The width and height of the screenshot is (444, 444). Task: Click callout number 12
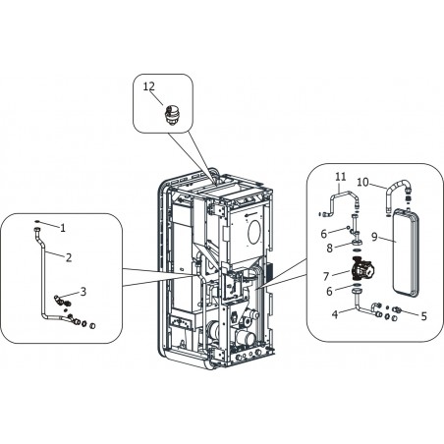pyautogui.click(x=149, y=86)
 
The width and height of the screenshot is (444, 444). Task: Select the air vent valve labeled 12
pyautogui.click(x=171, y=114)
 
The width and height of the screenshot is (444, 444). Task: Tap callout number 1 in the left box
pyautogui.click(x=63, y=228)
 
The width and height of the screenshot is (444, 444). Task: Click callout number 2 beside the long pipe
pyautogui.click(x=69, y=257)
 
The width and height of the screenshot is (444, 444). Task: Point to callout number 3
pyautogui.click(x=83, y=292)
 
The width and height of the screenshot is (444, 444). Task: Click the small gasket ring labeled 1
pyautogui.click(x=36, y=222)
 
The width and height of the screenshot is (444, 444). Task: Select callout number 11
pyautogui.click(x=341, y=177)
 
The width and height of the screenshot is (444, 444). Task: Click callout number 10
pyautogui.click(x=362, y=182)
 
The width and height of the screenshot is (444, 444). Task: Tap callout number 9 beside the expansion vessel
pyautogui.click(x=375, y=237)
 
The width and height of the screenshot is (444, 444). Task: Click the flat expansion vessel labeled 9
pyautogui.click(x=406, y=254)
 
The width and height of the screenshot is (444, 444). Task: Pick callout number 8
pyautogui.click(x=329, y=249)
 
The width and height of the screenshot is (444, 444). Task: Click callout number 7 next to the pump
pyautogui.click(x=326, y=277)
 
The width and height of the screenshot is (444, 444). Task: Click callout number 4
pyautogui.click(x=334, y=314)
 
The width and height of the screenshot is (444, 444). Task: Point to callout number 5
pyautogui.click(x=424, y=316)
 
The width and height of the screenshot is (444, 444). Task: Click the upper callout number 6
pyautogui.click(x=324, y=234)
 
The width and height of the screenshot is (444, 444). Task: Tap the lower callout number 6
pyautogui.click(x=329, y=291)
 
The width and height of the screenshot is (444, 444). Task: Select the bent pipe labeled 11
pyautogui.click(x=341, y=194)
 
